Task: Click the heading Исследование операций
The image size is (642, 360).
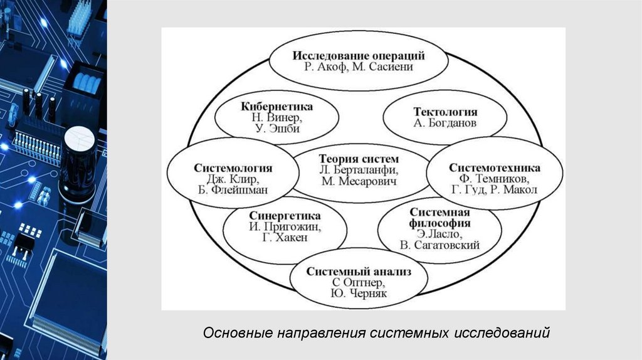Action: pyautogui.click(x=359, y=55)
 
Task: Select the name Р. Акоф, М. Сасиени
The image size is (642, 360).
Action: pyautogui.click(x=359, y=67)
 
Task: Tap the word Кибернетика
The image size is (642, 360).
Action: pyautogui.click(x=276, y=106)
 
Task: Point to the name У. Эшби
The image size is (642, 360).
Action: pyautogui.click(x=276, y=129)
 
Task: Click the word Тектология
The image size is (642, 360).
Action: pyautogui.click(x=445, y=112)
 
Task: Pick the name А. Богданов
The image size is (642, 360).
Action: pyautogui.click(x=445, y=124)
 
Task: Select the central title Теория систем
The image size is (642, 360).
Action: pyautogui.click(x=359, y=159)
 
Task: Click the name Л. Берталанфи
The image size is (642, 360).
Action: pyautogui.click(x=359, y=170)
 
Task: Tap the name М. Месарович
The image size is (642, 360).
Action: pyautogui.click(x=359, y=182)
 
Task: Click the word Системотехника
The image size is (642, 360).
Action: pyautogui.click(x=495, y=168)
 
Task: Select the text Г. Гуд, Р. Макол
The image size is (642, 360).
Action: pyautogui.click(x=495, y=191)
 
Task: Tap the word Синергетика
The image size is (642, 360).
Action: pyautogui.click(x=285, y=215)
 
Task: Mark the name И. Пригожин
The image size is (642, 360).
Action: pyautogui.click(x=285, y=227)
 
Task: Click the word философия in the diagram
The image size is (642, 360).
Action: pyautogui.click(x=439, y=223)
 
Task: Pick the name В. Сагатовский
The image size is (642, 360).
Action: pyautogui.click(x=439, y=245)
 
